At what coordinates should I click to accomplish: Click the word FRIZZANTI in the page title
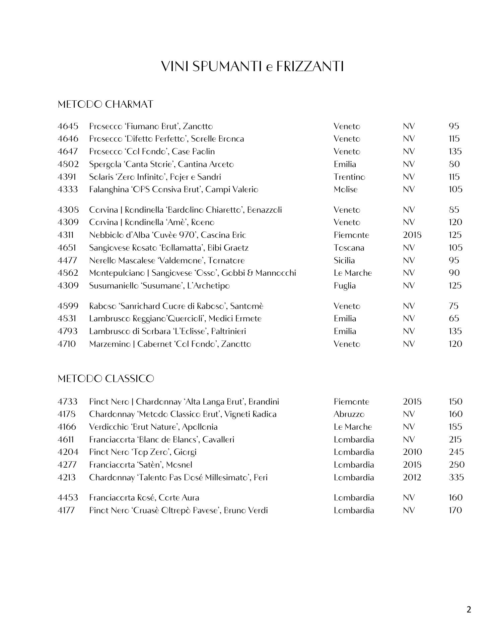[x=310, y=66]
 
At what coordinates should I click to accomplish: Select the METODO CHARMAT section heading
[x=105, y=104]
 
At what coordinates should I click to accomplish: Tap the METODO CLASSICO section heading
[x=106, y=379]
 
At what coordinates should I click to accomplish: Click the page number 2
[x=469, y=609]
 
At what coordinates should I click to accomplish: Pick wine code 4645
[x=68, y=126]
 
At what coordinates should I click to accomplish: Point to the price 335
[x=456, y=477]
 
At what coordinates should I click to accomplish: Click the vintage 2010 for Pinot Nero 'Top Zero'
[x=412, y=452]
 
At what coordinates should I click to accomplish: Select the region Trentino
[x=349, y=177]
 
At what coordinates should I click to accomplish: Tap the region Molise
[x=346, y=190]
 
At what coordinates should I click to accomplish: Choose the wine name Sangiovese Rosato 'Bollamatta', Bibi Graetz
[x=169, y=248]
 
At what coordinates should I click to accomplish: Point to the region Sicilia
[x=344, y=261]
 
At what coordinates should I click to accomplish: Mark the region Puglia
[x=345, y=286]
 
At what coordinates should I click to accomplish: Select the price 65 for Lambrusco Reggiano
[x=454, y=319]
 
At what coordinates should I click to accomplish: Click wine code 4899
[x=68, y=306]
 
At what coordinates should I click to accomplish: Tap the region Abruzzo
[x=349, y=414]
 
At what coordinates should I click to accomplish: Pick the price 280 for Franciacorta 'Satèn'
[x=456, y=465]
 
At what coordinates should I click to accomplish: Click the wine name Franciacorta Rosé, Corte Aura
[x=144, y=498]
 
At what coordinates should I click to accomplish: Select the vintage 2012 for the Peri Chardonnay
[x=412, y=477]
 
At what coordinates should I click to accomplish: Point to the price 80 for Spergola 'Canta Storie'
[x=454, y=164]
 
